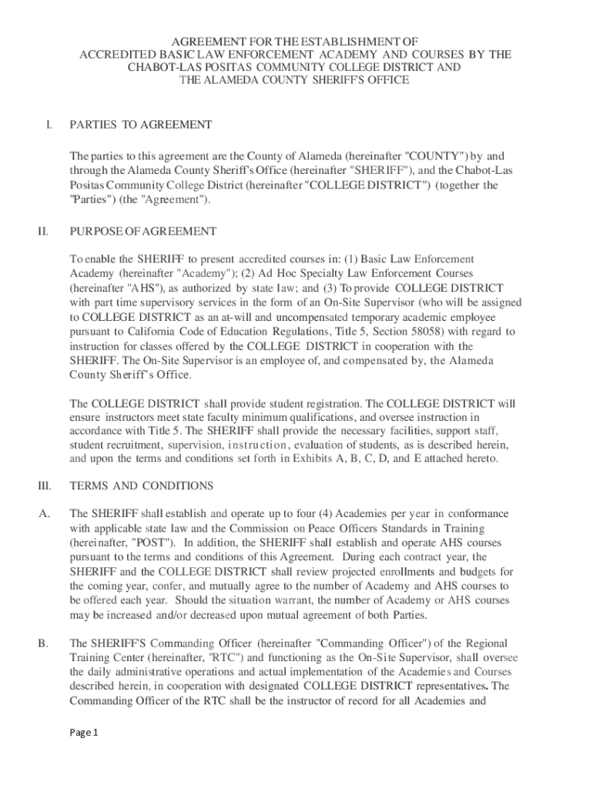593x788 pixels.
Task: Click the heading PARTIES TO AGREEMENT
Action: [x=140, y=125]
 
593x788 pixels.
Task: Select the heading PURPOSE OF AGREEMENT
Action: [x=142, y=231]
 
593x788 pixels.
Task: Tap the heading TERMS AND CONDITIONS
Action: [x=142, y=486]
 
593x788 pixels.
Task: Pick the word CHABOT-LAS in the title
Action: [x=162, y=68]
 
